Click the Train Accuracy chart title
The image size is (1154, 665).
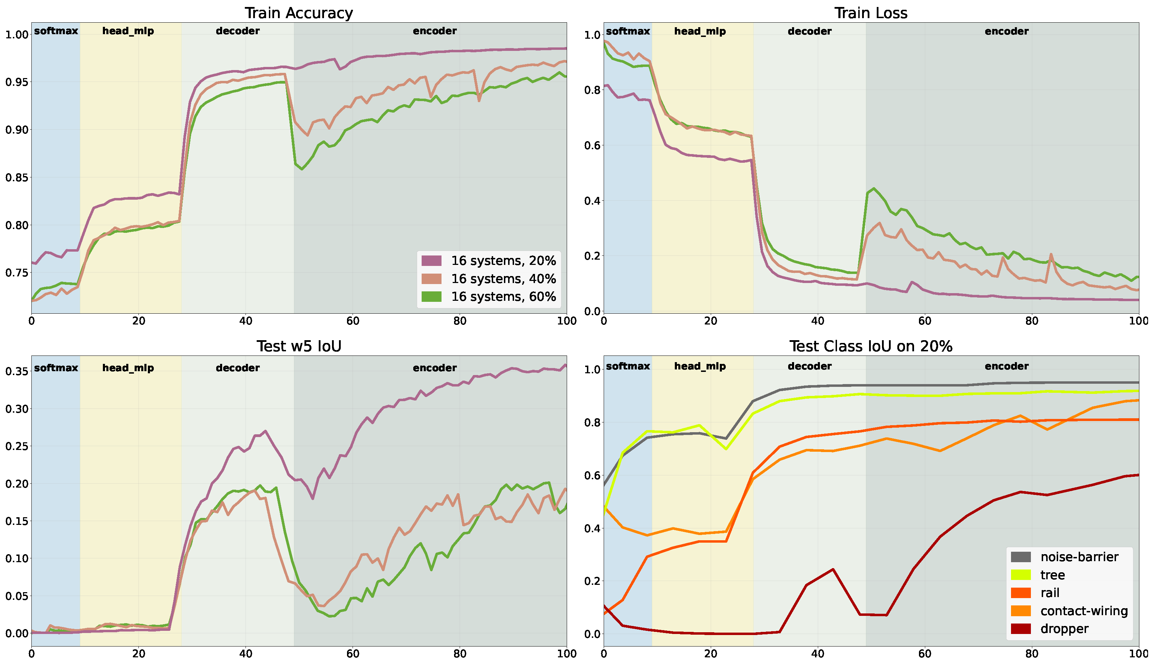pyautogui.click(x=299, y=13)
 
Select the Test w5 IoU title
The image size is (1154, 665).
pyautogui.click(x=299, y=346)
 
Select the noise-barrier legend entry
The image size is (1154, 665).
pyautogui.click(x=1079, y=557)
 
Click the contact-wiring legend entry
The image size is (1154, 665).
pyautogui.click(x=1084, y=611)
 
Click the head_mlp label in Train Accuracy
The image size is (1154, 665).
pyautogui.click(x=128, y=31)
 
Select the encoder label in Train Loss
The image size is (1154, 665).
pyautogui.click(x=1006, y=31)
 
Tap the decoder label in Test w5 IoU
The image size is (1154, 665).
pyautogui.click(x=237, y=368)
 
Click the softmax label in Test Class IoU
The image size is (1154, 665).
pyautogui.click(x=627, y=366)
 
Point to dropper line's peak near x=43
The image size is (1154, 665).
pyautogui.click(x=833, y=569)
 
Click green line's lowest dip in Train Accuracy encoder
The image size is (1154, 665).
pyautogui.click(x=302, y=169)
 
